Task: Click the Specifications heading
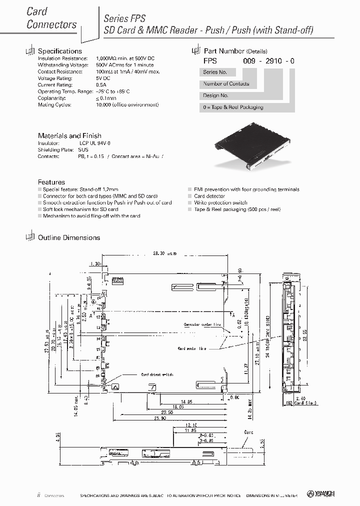pyautogui.click(x=59, y=51)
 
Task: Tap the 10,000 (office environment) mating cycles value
pyautogui.click(x=126, y=105)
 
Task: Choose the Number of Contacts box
pyautogui.click(x=226, y=84)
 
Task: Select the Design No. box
pyautogui.click(x=216, y=95)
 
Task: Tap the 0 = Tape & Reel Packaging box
pyautogui.click(x=233, y=107)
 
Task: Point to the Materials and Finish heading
pyautogui.click(x=69, y=135)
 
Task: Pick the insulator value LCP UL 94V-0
pyautogui.click(x=95, y=143)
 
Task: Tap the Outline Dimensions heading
pyautogui.click(x=69, y=237)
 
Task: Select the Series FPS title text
pyautogui.click(x=124, y=18)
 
